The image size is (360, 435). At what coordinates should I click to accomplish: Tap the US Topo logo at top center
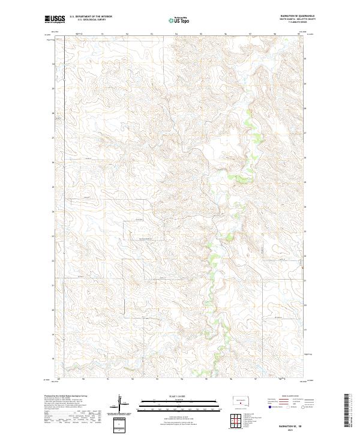[x=180, y=20]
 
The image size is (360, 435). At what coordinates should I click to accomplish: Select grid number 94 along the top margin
[x=176, y=34]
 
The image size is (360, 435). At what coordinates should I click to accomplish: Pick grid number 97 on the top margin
[x=250, y=34]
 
